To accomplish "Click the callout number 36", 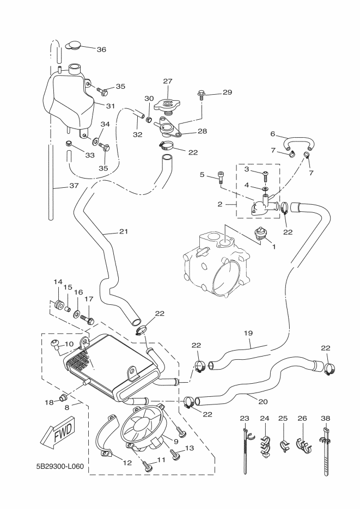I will pos(101,49).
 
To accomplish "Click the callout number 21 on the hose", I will pos(124,232).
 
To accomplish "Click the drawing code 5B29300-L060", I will pos(53,467).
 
